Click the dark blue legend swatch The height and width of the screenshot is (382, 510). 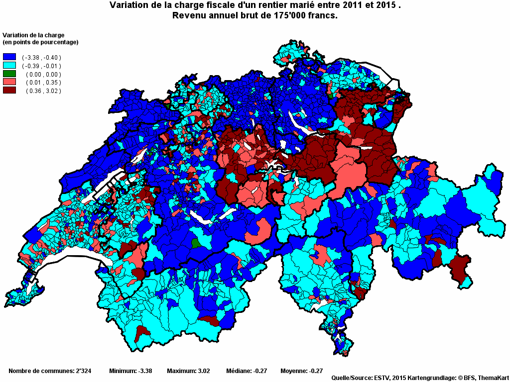[x=9, y=57]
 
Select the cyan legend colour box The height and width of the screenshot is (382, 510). [x=9, y=66]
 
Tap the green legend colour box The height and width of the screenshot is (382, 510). [x=9, y=74]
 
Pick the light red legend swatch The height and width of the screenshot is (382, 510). [x=9, y=82]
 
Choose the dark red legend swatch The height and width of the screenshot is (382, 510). [x=9, y=91]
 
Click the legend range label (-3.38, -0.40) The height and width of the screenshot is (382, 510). [x=41, y=58]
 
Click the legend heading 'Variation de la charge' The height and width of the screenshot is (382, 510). [x=34, y=35]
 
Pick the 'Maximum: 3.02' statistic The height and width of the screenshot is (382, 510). [x=188, y=371]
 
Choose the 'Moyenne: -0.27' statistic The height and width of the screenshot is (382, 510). [x=302, y=371]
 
